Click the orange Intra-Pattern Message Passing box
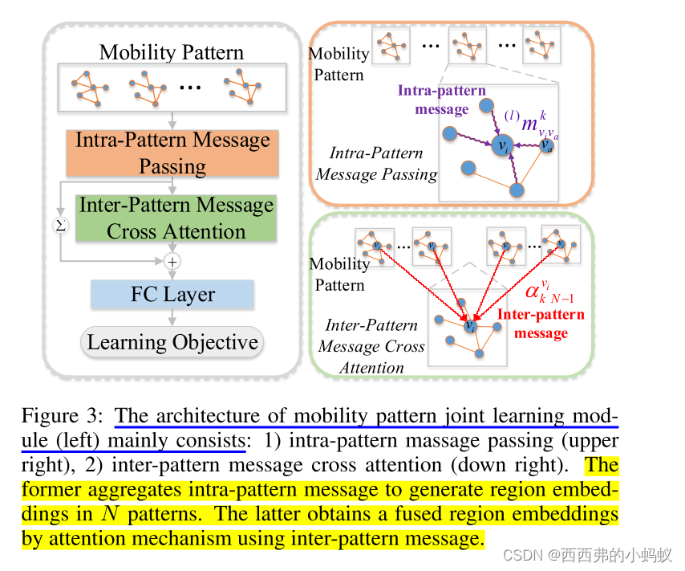(x=172, y=153)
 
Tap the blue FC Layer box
(x=172, y=294)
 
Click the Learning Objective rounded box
(x=172, y=342)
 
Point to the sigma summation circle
(x=61, y=226)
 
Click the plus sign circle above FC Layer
(x=172, y=261)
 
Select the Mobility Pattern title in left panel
(x=171, y=53)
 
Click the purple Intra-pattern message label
(x=441, y=100)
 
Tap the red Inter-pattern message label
(x=541, y=323)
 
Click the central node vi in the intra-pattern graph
(x=503, y=147)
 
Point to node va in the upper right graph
(x=547, y=145)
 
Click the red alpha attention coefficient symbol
(x=536, y=290)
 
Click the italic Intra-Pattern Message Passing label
(x=377, y=163)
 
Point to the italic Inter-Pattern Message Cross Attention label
(x=371, y=346)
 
